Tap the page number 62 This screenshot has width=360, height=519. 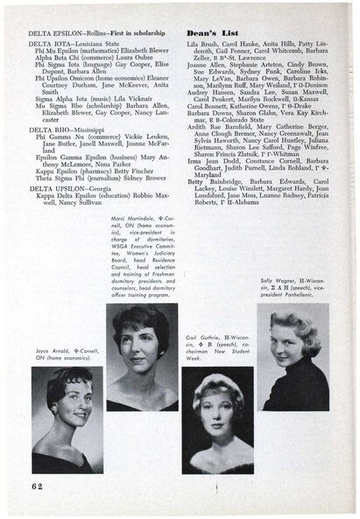point(34,484)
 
